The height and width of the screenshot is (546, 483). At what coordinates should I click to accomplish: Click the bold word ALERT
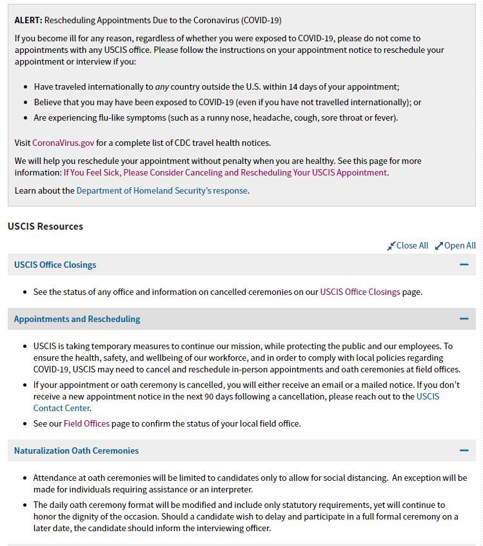coord(28,20)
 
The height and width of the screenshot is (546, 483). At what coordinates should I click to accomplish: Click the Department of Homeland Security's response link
coord(162,190)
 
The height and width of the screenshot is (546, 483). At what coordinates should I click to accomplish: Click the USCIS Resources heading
coord(45,227)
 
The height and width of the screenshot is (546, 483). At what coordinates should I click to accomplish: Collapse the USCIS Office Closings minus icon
coord(464,265)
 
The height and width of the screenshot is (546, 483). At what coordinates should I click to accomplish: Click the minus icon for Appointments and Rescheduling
coord(464,319)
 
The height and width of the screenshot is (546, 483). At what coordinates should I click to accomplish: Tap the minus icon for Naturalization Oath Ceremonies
coord(464,450)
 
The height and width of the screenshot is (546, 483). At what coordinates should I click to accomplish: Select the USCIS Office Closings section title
coord(55,265)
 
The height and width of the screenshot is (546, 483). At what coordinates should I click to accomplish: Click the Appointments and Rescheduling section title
coord(77,319)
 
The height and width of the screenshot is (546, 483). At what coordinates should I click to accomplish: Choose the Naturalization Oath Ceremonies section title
coord(76,450)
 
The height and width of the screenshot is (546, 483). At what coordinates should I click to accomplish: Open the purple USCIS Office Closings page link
coord(360,292)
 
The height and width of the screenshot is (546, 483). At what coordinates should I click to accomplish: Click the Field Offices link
coord(86,423)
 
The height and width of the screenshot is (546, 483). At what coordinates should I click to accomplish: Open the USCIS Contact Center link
coord(62,408)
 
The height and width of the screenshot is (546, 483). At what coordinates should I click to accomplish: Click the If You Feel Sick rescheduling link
coord(226,172)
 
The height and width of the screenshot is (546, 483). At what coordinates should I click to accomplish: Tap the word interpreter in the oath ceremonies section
coord(226,489)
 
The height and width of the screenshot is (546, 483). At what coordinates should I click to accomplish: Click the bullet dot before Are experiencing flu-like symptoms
coord(26,118)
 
